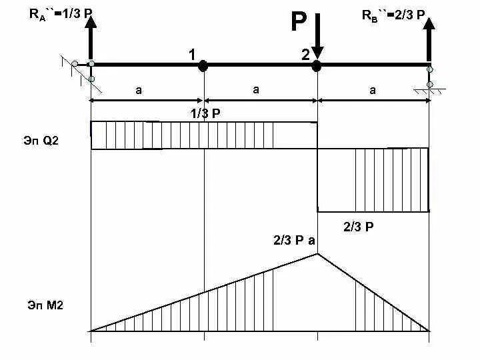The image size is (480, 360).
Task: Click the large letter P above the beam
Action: point(298,23)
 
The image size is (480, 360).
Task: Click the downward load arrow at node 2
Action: point(317,37)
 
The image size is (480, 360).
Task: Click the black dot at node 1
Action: point(204,65)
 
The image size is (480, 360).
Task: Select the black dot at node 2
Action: point(317,65)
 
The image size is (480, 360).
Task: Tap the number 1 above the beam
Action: point(192,55)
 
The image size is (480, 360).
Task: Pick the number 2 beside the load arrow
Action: point(305,55)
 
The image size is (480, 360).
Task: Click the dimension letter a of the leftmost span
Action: point(139,90)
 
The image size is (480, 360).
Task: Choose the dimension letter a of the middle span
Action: point(255,89)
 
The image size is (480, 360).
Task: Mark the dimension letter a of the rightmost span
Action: point(373,90)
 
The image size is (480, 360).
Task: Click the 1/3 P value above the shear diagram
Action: point(205,113)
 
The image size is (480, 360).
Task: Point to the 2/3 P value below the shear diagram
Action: point(358,227)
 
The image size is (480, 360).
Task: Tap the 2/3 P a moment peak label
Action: point(293,240)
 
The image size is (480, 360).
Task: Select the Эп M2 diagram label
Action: point(45,305)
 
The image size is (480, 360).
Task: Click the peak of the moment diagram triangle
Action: point(317,253)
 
